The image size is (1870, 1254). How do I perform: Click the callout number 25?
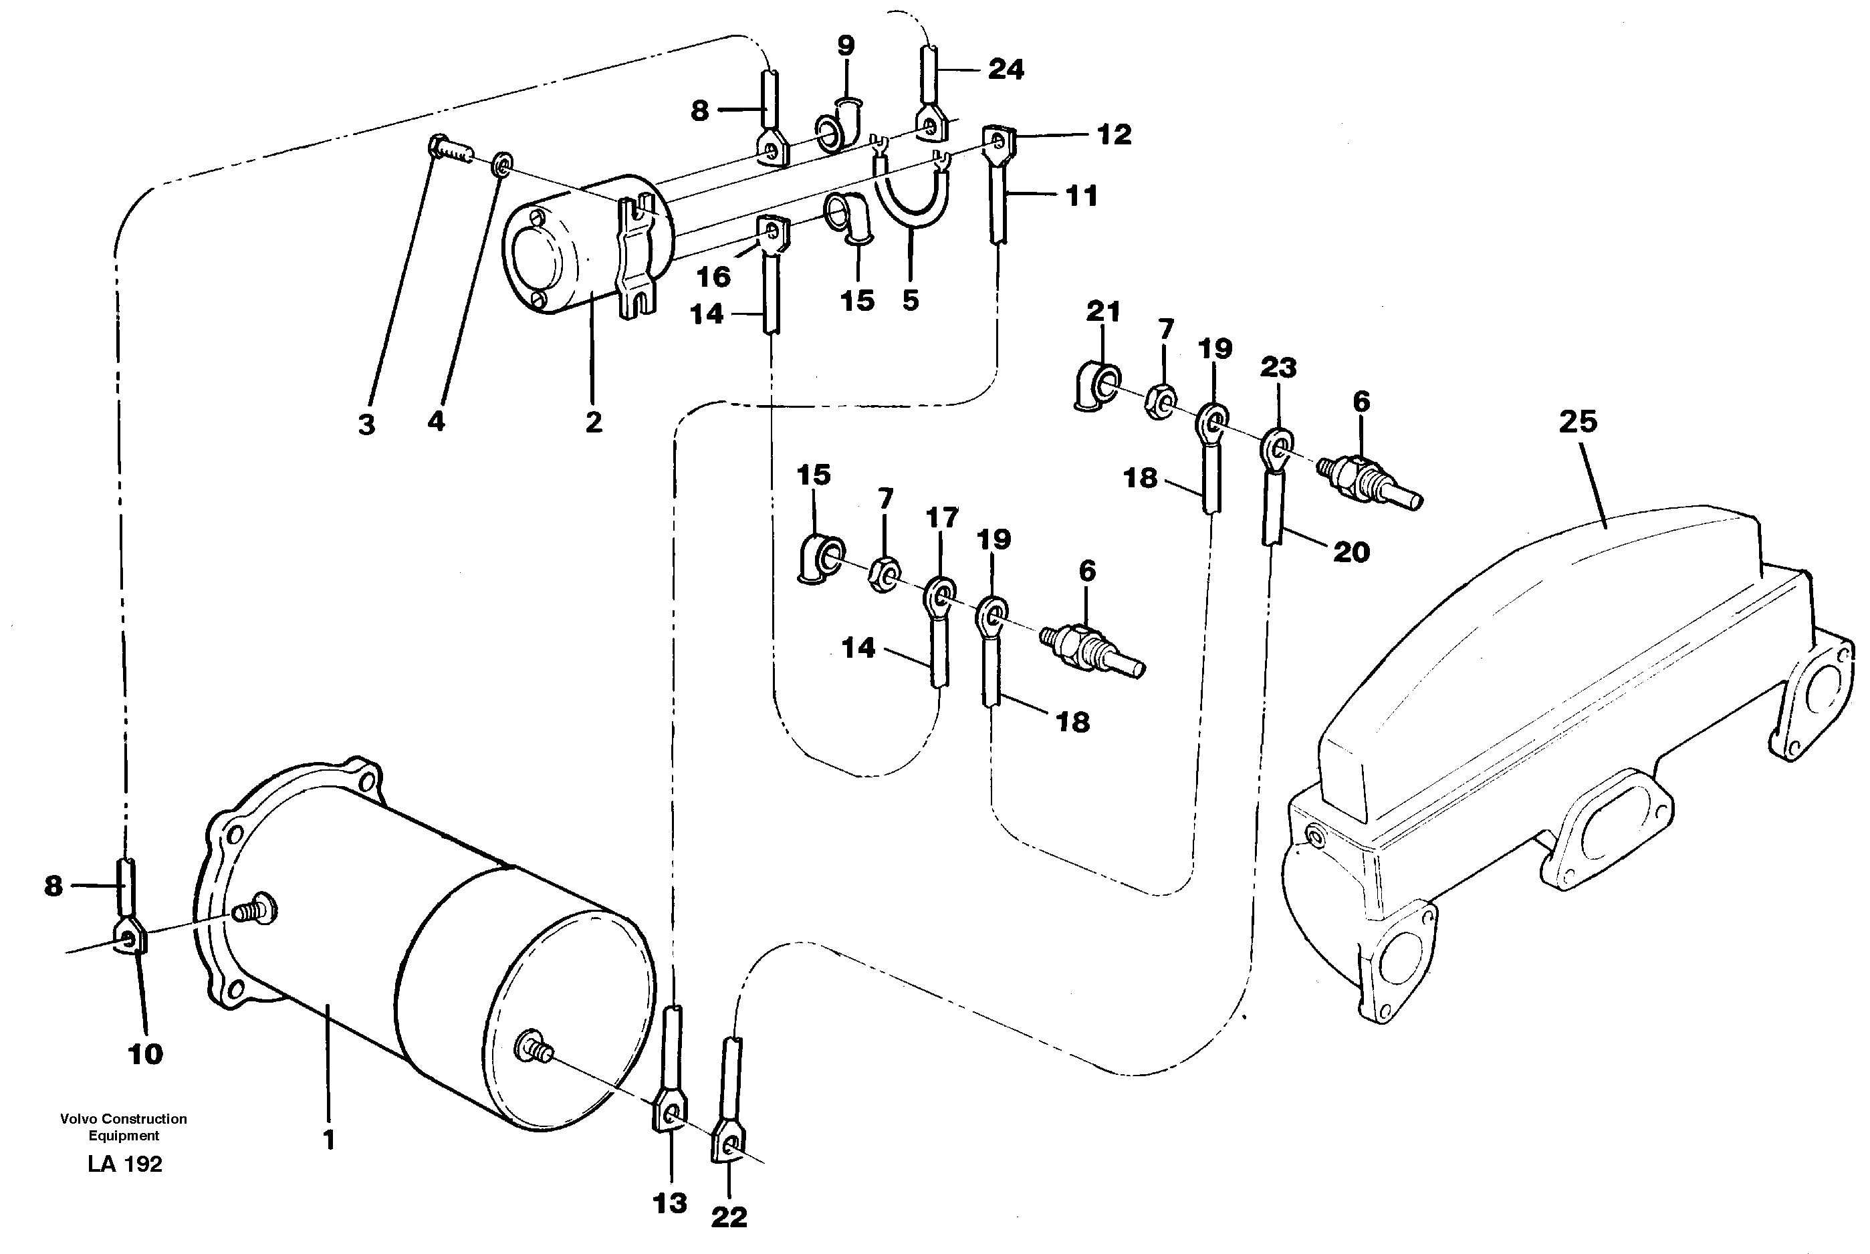(x=1577, y=422)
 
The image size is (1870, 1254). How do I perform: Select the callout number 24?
(x=1006, y=70)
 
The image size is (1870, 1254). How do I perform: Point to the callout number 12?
(x=1113, y=134)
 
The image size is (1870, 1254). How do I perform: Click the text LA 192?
(x=125, y=1164)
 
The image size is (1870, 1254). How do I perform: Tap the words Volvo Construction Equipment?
(x=123, y=1127)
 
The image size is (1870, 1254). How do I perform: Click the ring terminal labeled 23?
(x=1276, y=448)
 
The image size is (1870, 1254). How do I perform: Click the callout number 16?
(x=713, y=277)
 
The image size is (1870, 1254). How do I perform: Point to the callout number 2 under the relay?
(x=592, y=422)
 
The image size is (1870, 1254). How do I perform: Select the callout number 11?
(x=1081, y=196)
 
